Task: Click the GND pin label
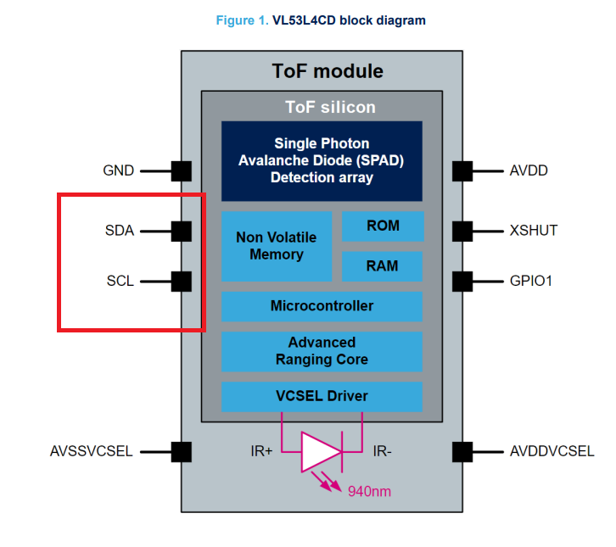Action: pyautogui.click(x=119, y=170)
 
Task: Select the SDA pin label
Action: pyautogui.click(x=120, y=230)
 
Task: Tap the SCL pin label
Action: pyautogui.click(x=120, y=281)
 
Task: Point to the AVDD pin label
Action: pyautogui.click(x=529, y=170)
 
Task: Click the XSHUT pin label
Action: pyautogui.click(x=534, y=230)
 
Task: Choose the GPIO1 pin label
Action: pyautogui.click(x=531, y=281)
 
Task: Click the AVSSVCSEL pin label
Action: pyautogui.click(x=92, y=451)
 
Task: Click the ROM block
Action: pyautogui.click(x=383, y=226)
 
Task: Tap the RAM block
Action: pyautogui.click(x=383, y=266)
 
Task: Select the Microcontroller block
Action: pyautogui.click(x=322, y=306)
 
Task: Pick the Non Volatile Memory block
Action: pyautogui.click(x=277, y=246)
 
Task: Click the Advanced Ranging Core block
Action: pyautogui.click(x=322, y=351)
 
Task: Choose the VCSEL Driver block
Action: pyautogui.click(x=322, y=396)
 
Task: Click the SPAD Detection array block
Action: pyautogui.click(x=322, y=160)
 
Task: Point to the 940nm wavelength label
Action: pyautogui.click(x=369, y=490)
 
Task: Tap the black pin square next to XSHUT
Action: pyautogui.click(x=462, y=230)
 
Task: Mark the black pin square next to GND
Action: pyautogui.click(x=182, y=170)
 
